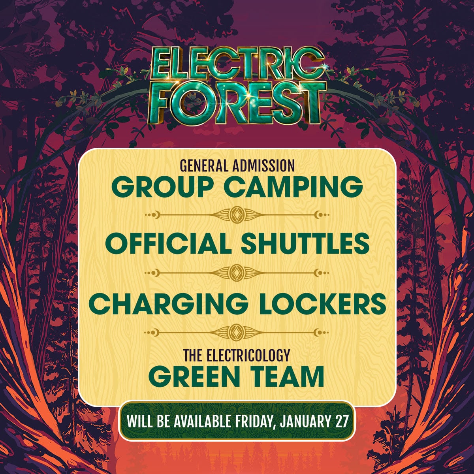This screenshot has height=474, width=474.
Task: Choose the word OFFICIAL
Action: pyautogui.click(x=168, y=244)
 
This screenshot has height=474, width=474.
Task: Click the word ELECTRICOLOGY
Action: pyautogui.click(x=248, y=356)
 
